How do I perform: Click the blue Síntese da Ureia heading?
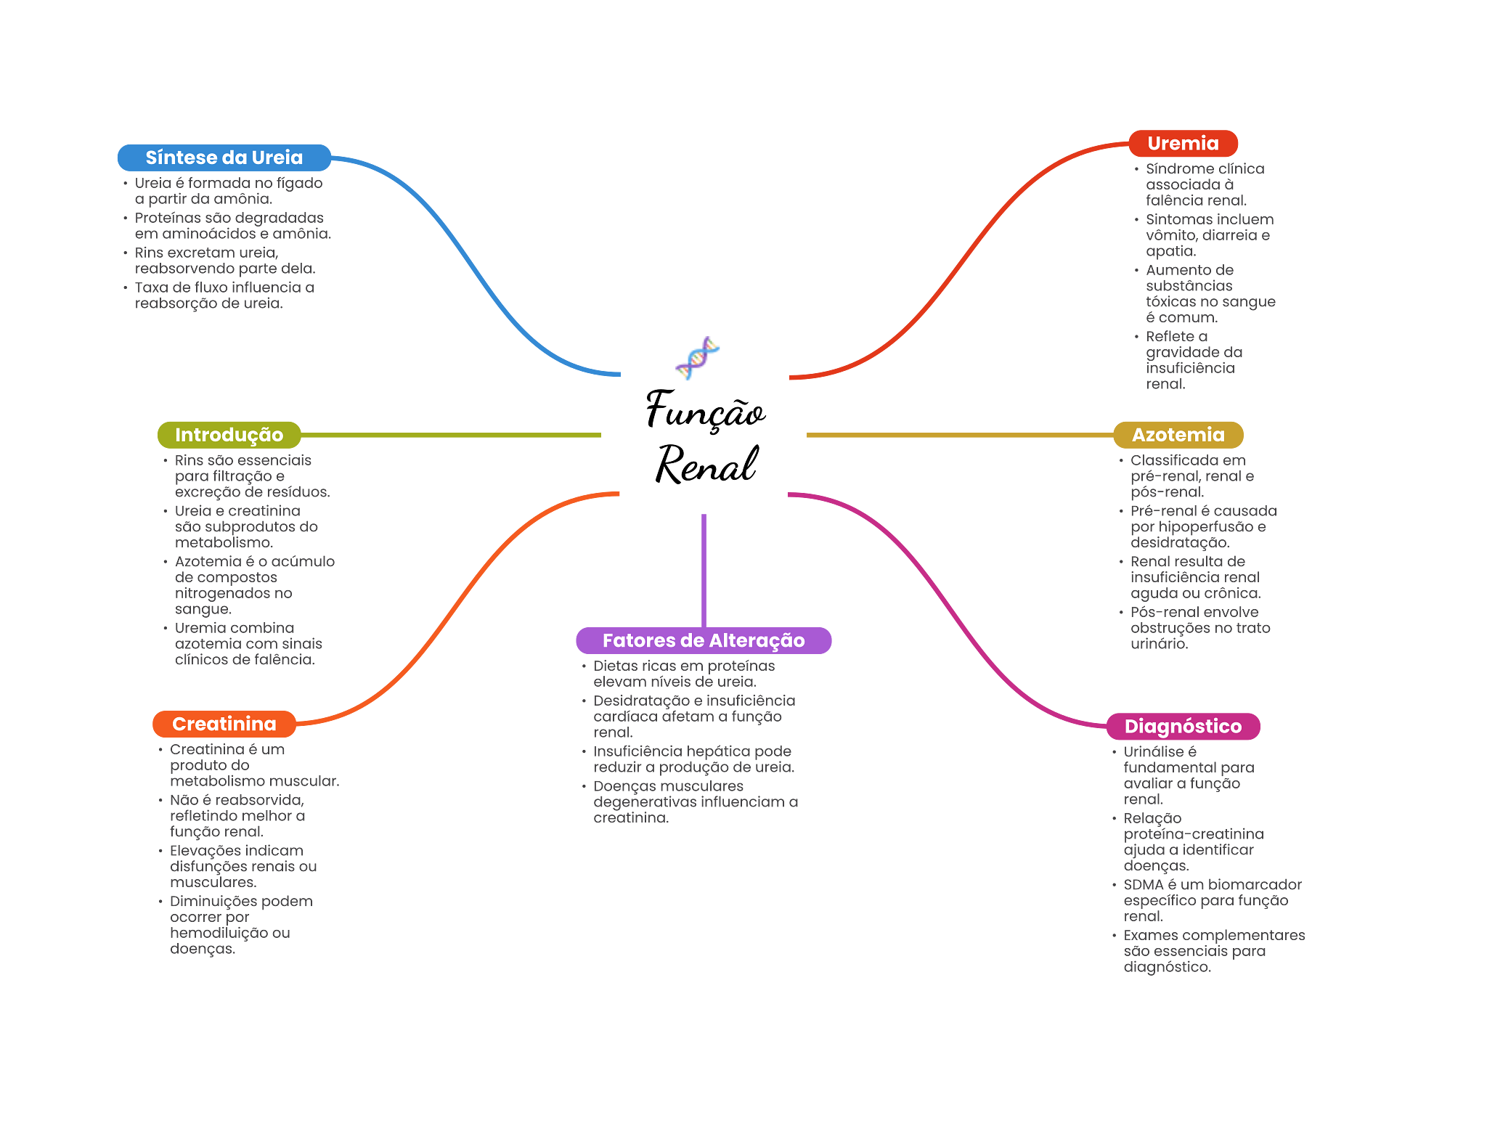224,158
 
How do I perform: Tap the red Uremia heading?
1182,143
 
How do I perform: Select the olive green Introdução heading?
229,434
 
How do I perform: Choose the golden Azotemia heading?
1177,434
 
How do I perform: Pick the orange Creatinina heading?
224,724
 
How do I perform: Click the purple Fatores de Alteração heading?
703,640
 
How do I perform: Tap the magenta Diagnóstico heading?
1182,726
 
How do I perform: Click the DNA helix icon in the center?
697,358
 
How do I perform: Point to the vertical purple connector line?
704,570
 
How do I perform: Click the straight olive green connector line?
450,435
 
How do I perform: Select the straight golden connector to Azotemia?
958,435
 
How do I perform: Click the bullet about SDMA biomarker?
1211,900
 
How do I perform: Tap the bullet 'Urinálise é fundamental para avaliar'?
1188,775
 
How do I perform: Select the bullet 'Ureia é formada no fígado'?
228,191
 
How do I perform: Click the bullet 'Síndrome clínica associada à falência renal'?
1204,184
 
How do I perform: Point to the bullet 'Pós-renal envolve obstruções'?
1199,628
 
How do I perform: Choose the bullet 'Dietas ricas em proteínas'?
683,674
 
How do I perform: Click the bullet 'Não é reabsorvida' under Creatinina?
237,816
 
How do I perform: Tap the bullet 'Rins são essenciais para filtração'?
251,476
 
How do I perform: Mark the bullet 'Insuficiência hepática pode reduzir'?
693,759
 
